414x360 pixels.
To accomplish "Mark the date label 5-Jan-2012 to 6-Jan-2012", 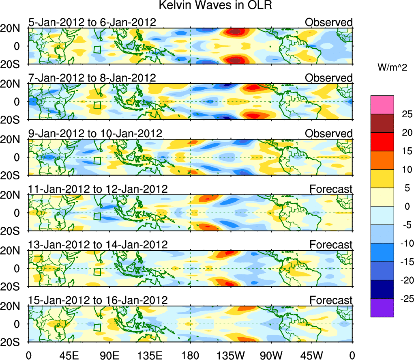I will click(x=92, y=22).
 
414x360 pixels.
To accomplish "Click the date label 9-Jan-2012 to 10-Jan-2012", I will click(x=95, y=134).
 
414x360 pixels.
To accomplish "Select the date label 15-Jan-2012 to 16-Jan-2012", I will click(x=98, y=300).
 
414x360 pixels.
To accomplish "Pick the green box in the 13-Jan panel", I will click(x=97, y=272).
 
